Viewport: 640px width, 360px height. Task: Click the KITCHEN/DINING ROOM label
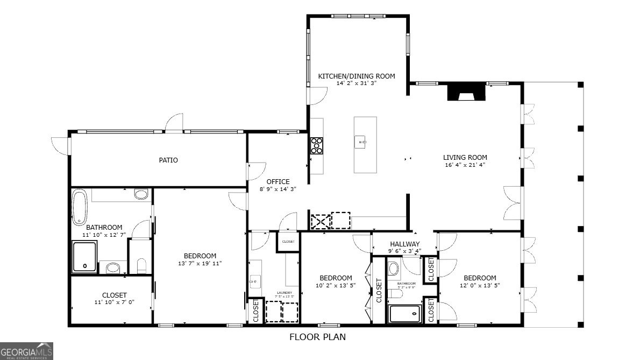(x=356, y=76)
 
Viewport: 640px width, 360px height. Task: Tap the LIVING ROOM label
(x=465, y=158)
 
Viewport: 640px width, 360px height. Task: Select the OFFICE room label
(x=278, y=181)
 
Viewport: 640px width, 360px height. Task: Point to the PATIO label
(x=168, y=160)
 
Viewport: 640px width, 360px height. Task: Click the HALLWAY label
(x=404, y=244)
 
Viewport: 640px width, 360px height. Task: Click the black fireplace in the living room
(x=466, y=92)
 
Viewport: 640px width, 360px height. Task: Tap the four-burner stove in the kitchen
(x=317, y=146)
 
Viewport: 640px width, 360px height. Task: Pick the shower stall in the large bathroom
(x=84, y=257)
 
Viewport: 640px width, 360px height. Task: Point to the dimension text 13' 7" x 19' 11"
(x=200, y=264)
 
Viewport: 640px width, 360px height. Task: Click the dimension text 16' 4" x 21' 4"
(x=465, y=165)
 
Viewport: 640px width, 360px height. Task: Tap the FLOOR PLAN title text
(x=317, y=337)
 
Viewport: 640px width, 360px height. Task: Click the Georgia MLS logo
(x=27, y=350)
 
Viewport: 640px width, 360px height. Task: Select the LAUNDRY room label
(x=285, y=293)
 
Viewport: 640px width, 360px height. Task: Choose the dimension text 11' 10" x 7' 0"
(x=114, y=302)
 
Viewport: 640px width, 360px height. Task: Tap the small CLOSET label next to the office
(x=288, y=242)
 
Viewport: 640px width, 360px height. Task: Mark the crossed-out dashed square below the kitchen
(x=320, y=221)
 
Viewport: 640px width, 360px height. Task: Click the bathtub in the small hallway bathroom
(x=405, y=313)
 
